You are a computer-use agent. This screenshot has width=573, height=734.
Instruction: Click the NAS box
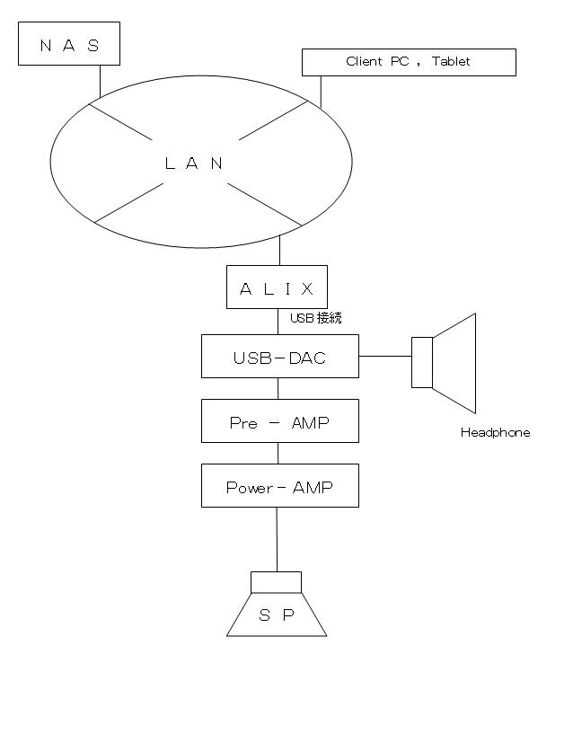69,44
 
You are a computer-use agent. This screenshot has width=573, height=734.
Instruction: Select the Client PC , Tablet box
409,62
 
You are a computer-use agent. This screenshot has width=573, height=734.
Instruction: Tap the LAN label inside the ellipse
194,164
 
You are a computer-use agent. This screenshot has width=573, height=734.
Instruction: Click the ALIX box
277,287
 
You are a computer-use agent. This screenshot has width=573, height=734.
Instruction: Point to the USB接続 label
315,318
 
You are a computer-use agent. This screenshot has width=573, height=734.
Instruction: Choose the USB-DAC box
279,357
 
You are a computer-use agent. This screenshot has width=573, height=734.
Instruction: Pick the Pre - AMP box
279,421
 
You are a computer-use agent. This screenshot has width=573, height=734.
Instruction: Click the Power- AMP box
279,486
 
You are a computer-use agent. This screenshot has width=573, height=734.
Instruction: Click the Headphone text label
495,433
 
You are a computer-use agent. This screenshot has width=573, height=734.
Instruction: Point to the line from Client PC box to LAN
322,91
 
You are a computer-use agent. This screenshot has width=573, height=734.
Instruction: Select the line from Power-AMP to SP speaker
277,539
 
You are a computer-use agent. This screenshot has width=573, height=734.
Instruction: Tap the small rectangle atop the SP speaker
277,582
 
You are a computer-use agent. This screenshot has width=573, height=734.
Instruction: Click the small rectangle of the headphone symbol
422,362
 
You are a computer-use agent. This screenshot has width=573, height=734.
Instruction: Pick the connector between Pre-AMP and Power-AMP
278,453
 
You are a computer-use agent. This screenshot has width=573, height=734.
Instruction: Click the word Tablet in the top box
450,61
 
